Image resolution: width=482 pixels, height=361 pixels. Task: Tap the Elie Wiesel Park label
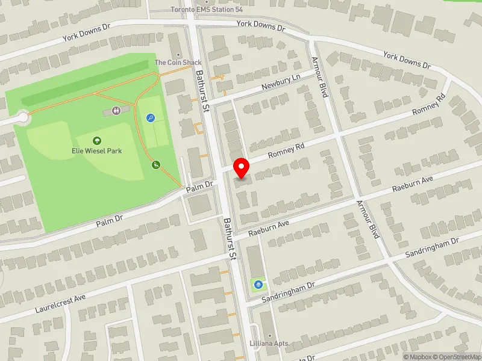pos(97,150)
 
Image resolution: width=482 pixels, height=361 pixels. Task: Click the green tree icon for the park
pos(97,141)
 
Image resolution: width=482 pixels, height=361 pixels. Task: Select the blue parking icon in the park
pos(150,118)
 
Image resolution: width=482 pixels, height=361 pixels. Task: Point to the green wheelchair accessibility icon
pos(155,164)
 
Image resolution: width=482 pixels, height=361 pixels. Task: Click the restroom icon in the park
pos(116,111)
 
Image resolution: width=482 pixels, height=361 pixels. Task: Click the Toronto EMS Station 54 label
pos(207,10)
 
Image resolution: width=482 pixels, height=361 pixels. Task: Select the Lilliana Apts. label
pos(269,343)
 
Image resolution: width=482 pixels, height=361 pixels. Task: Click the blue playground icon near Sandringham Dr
pos(258,284)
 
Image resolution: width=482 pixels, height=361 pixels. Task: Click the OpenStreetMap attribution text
pos(455,357)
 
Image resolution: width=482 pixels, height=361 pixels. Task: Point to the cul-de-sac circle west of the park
pos(23,119)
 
